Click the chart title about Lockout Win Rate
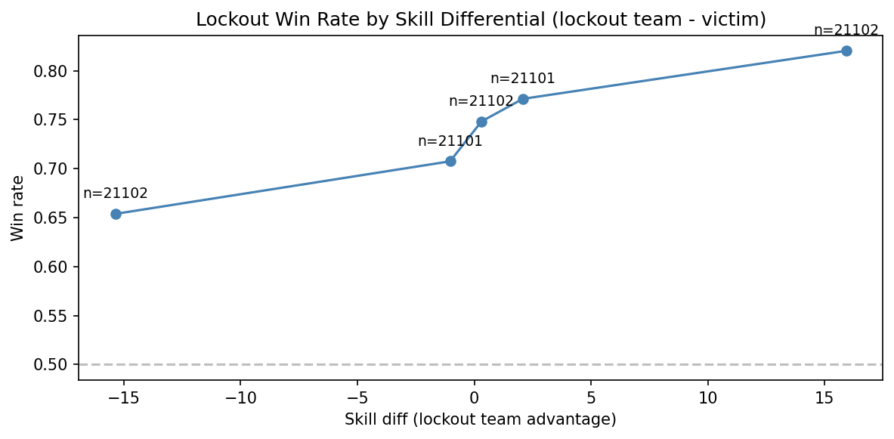click(x=481, y=20)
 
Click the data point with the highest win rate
click(x=846, y=51)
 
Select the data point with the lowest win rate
click(x=116, y=214)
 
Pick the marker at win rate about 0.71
click(x=450, y=161)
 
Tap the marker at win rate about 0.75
click(x=481, y=122)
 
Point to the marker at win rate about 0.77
click(x=523, y=99)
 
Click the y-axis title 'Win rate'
click(x=17, y=208)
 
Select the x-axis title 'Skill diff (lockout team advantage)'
click(x=481, y=419)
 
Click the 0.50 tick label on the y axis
click(x=55, y=365)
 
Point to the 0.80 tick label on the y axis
click(x=55, y=72)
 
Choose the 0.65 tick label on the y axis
click(x=55, y=218)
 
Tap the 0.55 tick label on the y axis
click(x=55, y=316)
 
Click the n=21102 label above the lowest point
click(x=116, y=193)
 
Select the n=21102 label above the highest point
click(x=846, y=30)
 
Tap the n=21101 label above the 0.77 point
click(x=523, y=79)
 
